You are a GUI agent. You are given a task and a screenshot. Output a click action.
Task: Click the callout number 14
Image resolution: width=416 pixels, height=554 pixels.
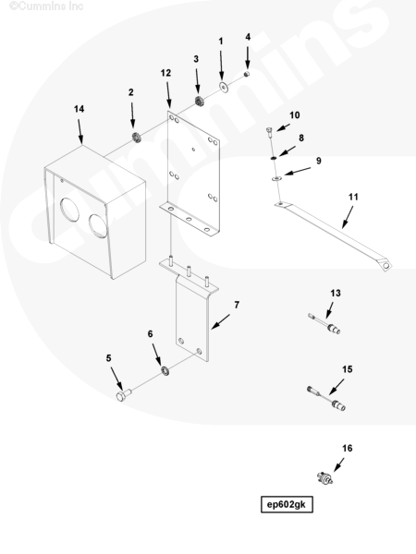[79, 109]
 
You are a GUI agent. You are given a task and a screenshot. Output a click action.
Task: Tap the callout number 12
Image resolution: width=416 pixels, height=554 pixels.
[165, 73]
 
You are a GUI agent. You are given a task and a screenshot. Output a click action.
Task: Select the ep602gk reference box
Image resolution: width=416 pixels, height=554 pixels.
[287, 504]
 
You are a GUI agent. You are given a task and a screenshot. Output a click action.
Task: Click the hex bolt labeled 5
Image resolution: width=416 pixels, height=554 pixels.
[124, 395]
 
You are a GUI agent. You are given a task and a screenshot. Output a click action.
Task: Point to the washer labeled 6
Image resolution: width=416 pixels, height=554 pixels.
[165, 370]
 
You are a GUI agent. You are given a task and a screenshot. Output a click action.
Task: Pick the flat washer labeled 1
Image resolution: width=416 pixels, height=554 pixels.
[223, 87]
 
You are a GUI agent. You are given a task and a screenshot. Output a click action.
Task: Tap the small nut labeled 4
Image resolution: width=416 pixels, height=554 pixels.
[247, 74]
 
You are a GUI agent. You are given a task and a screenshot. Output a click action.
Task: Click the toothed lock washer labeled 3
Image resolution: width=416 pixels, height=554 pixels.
[198, 101]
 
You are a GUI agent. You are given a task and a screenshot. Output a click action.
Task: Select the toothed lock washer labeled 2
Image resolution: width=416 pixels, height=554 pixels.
[137, 137]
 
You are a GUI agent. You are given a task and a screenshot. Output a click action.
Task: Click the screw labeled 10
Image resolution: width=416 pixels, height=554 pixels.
[269, 132]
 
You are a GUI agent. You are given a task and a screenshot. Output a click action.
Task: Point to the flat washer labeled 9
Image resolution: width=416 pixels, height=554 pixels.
[276, 179]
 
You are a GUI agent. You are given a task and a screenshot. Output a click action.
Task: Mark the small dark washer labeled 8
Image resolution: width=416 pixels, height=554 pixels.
[274, 158]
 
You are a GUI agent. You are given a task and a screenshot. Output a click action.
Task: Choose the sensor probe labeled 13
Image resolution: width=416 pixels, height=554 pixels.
[324, 324]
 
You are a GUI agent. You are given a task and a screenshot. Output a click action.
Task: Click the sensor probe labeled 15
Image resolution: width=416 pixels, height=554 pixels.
[326, 399]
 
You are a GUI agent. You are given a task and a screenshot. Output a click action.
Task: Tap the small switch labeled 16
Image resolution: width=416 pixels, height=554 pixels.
[324, 477]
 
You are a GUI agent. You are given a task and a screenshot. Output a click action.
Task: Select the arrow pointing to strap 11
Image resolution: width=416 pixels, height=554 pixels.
[348, 217]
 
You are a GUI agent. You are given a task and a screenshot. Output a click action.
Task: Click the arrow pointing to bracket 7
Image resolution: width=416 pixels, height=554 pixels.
[220, 322]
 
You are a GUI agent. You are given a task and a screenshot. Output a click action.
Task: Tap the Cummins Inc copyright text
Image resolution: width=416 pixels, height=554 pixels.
[46, 6]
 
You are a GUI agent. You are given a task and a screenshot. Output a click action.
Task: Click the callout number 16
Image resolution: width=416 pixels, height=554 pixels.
[347, 448]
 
